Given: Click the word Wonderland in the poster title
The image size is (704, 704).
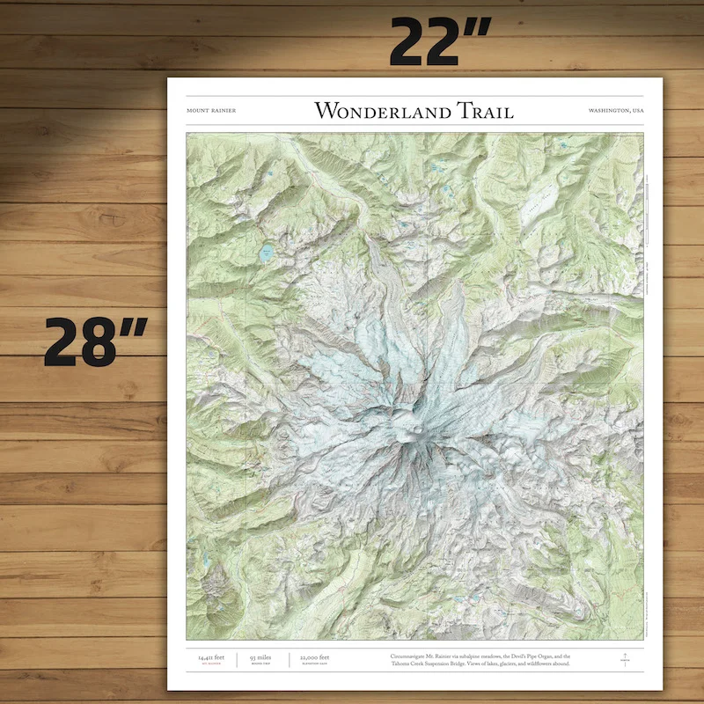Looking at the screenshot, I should [382, 111].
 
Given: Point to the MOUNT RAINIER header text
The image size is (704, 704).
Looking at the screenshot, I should [211, 111].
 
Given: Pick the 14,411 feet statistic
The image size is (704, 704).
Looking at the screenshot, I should [211, 656].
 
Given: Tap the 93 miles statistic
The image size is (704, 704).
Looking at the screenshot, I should [261, 656].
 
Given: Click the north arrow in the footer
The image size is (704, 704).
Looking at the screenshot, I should [624, 659].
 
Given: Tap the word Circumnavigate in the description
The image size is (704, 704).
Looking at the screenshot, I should [417, 656].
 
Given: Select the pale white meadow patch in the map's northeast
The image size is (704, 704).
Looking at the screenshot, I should [536, 210].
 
